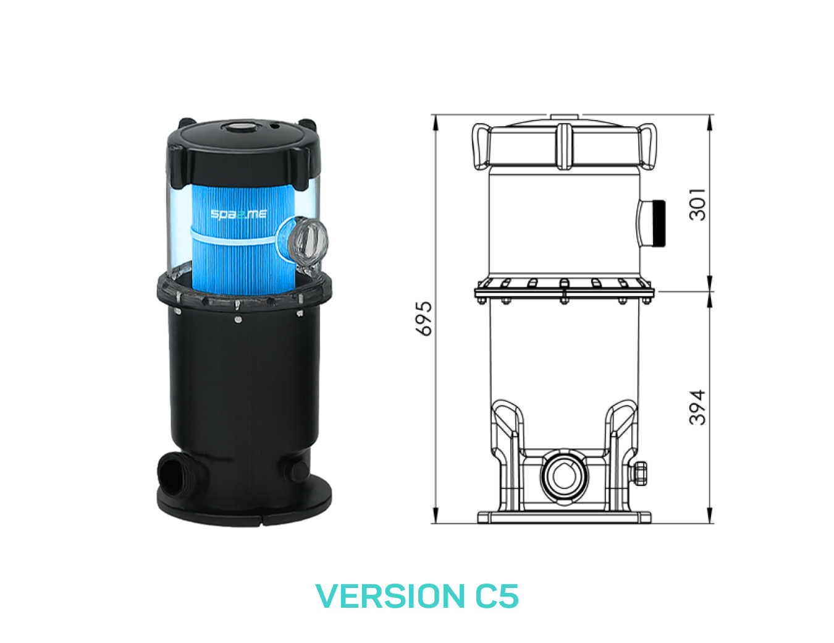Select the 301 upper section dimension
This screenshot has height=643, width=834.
tap(697, 205)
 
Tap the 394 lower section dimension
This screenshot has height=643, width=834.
tap(697, 407)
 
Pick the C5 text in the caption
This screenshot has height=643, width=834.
tap(497, 596)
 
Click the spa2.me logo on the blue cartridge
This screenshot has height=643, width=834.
tap(238, 214)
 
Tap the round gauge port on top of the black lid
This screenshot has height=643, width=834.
tap(238, 127)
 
